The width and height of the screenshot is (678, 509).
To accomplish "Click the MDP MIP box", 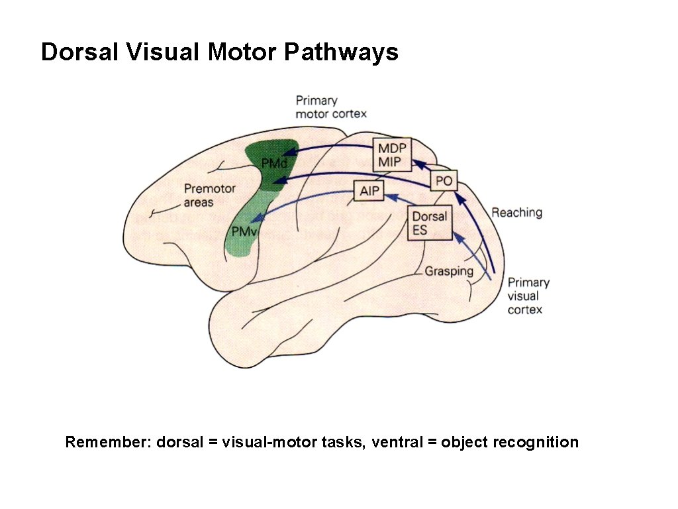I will point(391,155).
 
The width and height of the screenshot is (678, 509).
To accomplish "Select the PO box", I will point(444,181).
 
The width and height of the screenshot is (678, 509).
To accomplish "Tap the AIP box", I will point(367,192).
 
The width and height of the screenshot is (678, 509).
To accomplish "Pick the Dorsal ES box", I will point(430,223).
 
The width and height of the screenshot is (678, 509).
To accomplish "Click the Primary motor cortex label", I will point(330,107).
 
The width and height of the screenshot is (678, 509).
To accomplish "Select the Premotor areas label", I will point(209,195).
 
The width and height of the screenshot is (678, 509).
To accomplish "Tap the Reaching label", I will point(516,213).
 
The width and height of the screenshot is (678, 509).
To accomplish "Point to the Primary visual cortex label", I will point(528,296).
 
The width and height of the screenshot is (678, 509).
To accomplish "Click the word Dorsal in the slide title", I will point(79,52).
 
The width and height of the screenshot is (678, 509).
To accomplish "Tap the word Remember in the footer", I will point(107,442).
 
